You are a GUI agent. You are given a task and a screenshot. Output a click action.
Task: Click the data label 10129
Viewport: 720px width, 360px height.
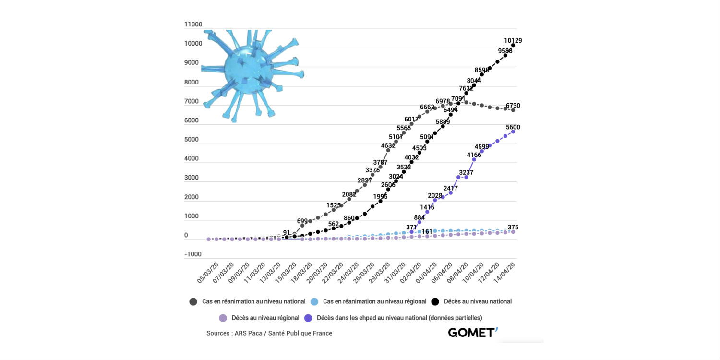[513, 40]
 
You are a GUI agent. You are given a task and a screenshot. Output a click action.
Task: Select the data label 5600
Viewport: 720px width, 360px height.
[512, 127]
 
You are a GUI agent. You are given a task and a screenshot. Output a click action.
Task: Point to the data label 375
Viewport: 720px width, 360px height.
[513, 227]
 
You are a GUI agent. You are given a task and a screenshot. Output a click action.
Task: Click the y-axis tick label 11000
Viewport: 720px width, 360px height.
[193, 24]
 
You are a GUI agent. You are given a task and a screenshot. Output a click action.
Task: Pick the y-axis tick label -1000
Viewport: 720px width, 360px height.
[193, 254]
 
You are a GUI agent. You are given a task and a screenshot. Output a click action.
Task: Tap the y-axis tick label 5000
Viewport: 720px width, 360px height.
[193, 140]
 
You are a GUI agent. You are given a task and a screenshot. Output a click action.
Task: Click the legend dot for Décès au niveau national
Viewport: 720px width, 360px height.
[435, 302]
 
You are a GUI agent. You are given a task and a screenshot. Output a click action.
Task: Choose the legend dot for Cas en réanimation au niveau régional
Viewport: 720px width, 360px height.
[314, 302]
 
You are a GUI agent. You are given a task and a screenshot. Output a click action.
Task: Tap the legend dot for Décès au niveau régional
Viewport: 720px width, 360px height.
[223, 318]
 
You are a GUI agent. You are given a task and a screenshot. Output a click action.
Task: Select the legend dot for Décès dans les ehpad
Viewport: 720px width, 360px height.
[308, 318]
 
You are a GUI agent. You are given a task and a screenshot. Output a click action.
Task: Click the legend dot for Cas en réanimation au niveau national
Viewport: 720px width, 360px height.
[193, 302]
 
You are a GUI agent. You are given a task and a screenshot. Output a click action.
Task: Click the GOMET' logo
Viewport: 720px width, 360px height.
[473, 332]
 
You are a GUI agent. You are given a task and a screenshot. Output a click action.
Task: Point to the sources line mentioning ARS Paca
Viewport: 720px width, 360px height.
[269, 333]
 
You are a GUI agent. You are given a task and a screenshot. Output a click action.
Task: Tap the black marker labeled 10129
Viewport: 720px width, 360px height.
[513, 46]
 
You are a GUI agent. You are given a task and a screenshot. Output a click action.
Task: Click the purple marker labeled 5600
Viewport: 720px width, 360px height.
[513, 132]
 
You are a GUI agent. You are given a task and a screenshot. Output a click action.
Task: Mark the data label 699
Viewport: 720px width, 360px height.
[302, 220]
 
